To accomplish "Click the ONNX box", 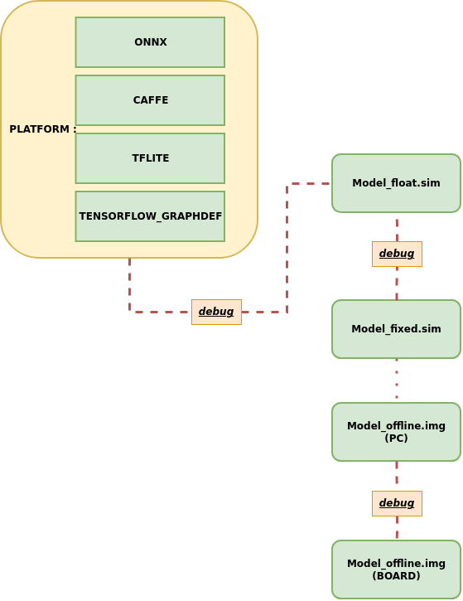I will pyautogui.click(x=150, y=42).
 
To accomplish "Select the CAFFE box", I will pyautogui.click(x=150, y=100).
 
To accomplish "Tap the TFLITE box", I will pyautogui.click(x=150, y=158).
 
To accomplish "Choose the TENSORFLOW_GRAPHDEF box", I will pyautogui.click(x=150, y=216).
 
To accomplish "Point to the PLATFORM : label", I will pyautogui.click(x=41, y=129).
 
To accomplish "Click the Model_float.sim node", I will pyautogui.click(x=396, y=183).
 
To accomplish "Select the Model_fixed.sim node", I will pyautogui.click(x=396, y=329).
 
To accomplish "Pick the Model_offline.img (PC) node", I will pyautogui.click(x=396, y=432).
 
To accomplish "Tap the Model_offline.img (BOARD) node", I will pyautogui.click(x=396, y=569).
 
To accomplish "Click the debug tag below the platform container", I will pyautogui.click(x=216, y=312).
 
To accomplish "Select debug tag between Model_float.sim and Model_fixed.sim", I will pyautogui.click(x=397, y=254).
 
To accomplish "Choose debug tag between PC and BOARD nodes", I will pyautogui.click(x=397, y=503).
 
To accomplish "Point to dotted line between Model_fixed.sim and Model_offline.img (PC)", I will pyautogui.click(x=397, y=380).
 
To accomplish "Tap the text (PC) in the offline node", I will pyautogui.click(x=396, y=438).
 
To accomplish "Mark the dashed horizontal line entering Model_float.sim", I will pyautogui.click(x=309, y=184).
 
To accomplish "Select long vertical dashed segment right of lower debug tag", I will pyautogui.click(x=287, y=249).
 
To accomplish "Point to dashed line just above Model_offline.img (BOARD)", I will pyautogui.click(x=397, y=528).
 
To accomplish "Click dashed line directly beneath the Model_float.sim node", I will pyautogui.click(x=397, y=226).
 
